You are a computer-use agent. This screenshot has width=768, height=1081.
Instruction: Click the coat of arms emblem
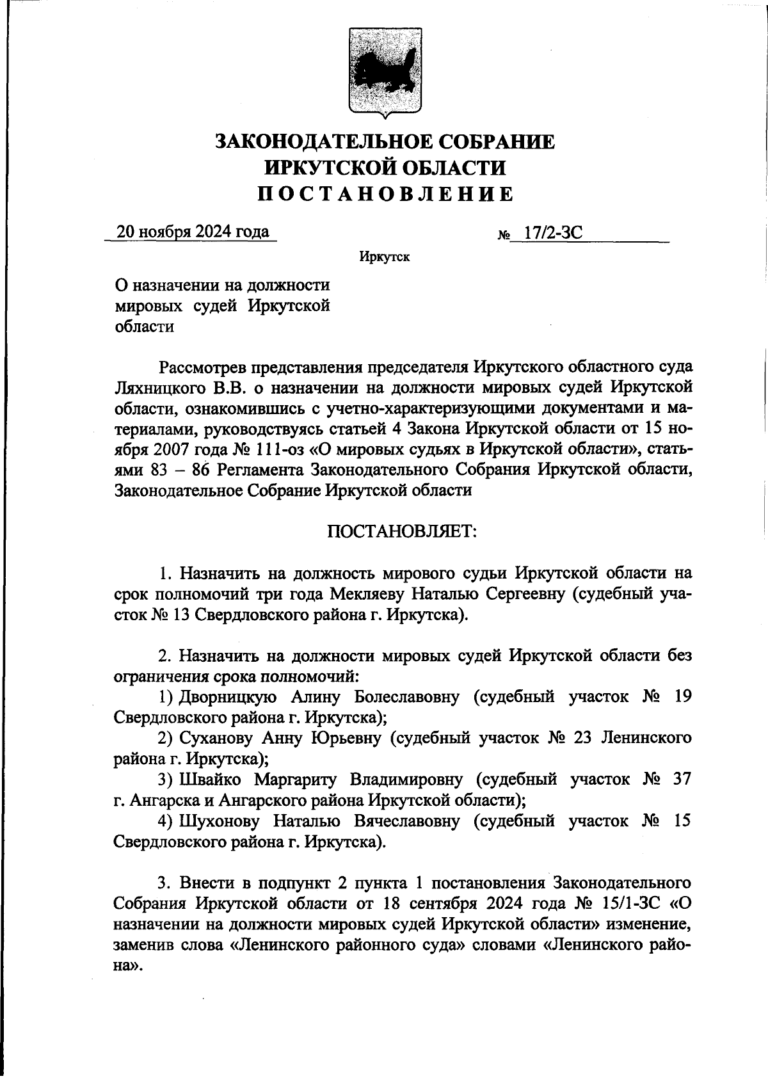click(385, 72)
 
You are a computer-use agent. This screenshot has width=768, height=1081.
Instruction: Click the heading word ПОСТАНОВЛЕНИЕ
click(385, 194)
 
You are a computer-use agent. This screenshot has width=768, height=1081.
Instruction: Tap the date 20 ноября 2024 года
click(192, 232)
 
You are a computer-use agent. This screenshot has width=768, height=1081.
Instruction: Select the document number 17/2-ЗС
click(552, 233)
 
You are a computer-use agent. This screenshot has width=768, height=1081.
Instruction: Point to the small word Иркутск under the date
click(384, 257)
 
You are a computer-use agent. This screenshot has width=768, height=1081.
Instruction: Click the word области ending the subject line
click(144, 326)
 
